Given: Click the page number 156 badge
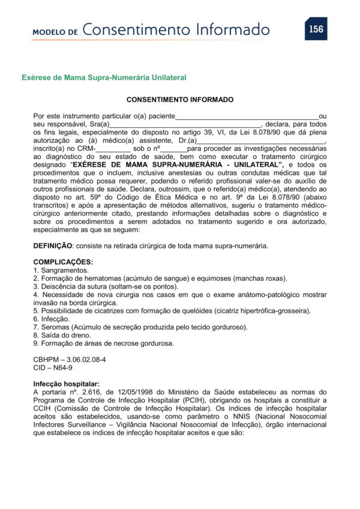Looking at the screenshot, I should pos(315,28).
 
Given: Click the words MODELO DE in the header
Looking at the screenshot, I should pos(55,31).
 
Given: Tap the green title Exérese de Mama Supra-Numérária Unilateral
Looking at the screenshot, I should pos(104,77).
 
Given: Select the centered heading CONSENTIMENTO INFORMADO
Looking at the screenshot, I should pos(180,100).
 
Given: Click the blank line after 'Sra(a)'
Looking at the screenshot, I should pos(185,124).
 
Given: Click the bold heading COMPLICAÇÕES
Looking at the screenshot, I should pos(63,262).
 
